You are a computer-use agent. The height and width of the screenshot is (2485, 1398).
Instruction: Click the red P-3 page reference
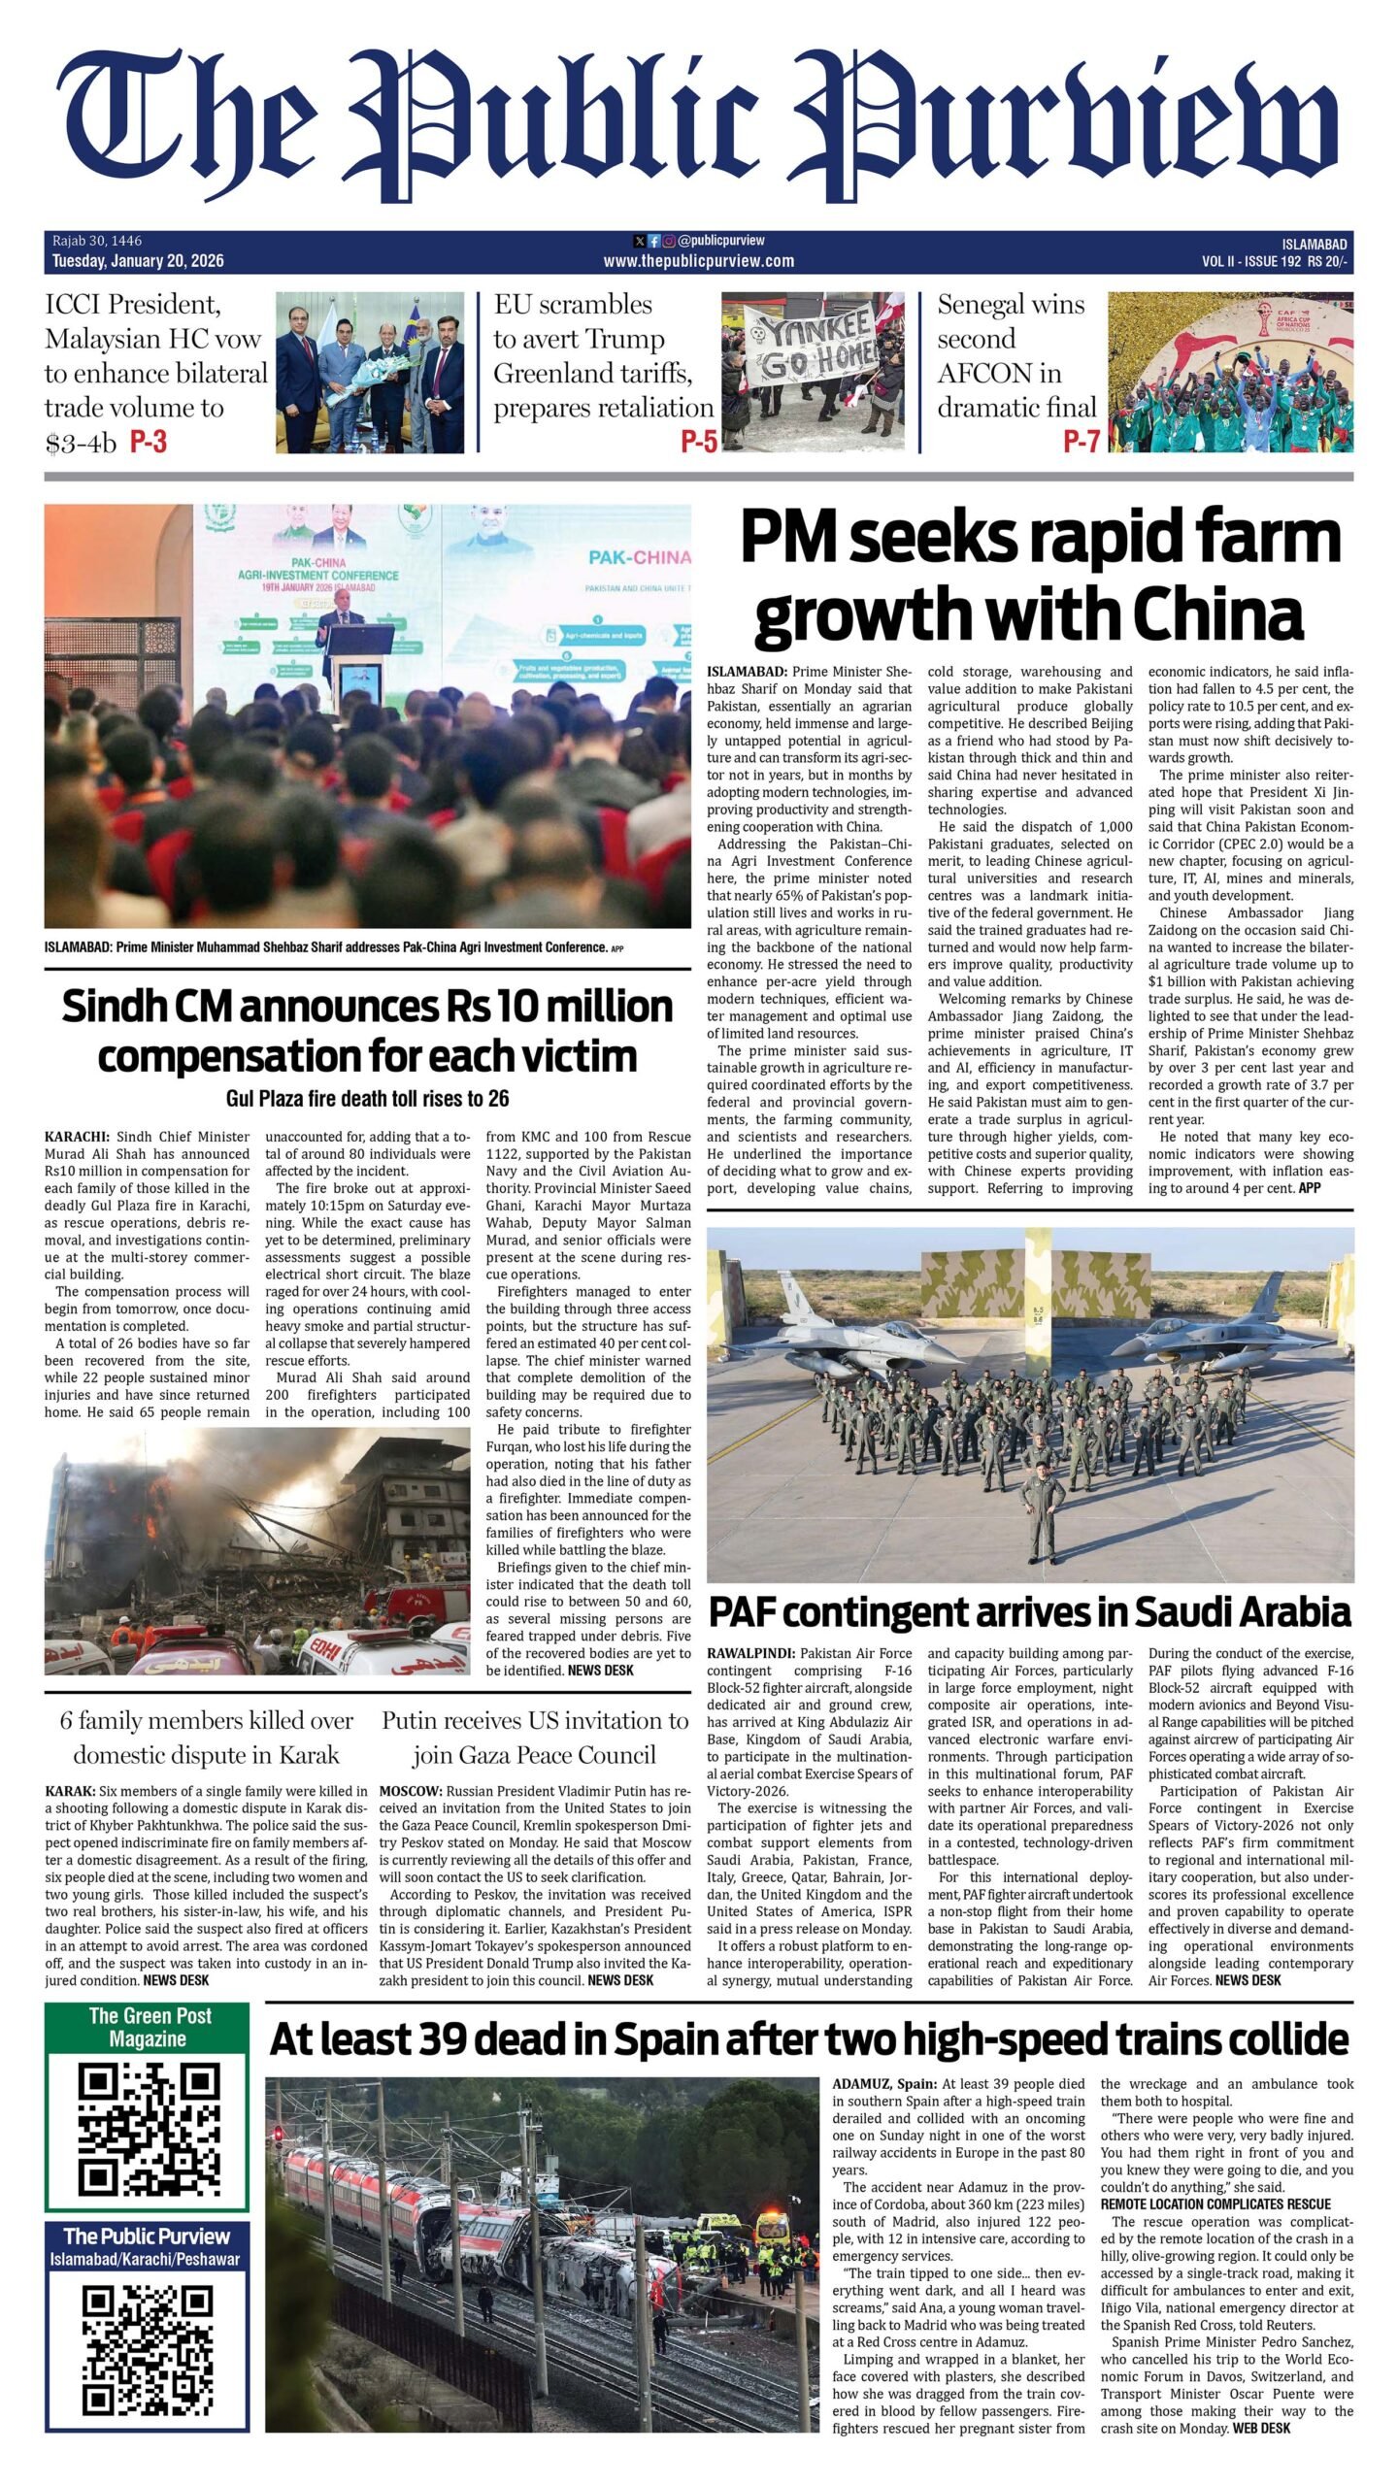pyautogui.click(x=149, y=443)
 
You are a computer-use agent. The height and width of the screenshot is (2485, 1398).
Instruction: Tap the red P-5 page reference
pyautogui.click(x=698, y=443)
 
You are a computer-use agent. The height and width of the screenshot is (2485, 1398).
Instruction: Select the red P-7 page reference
pyautogui.click(x=1081, y=443)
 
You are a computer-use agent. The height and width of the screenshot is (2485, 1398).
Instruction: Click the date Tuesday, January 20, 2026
pyautogui.click(x=138, y=260)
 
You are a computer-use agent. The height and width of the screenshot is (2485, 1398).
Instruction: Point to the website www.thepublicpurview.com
pyautogui.click(x=698, y=260)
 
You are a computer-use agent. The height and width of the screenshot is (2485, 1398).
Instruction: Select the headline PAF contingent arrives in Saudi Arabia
pyautogui.click(x=1029, y=1612)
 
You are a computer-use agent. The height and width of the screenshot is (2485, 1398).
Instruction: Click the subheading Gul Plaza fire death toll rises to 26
pyautogui.click(x=367, y=1099)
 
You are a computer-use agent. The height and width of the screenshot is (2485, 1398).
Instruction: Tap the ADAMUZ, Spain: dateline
pyautogui.click(x=883, y=2084)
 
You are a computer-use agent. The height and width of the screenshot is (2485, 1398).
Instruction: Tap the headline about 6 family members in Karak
pyautogui.click(x=207, y=1738)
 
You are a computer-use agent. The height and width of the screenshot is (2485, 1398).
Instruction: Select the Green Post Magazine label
pyautogui.click(x=149, y=2027)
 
